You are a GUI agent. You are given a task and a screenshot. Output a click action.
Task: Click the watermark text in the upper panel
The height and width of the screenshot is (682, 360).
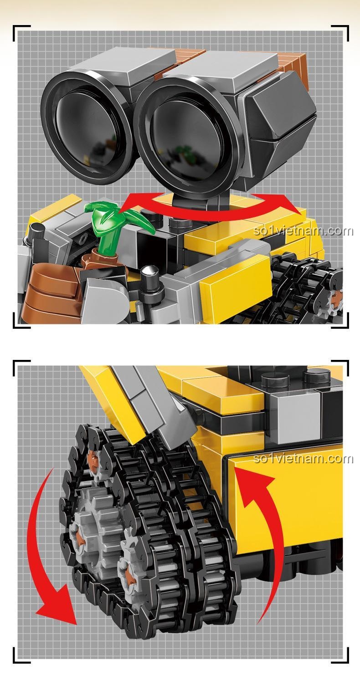point(303,231)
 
